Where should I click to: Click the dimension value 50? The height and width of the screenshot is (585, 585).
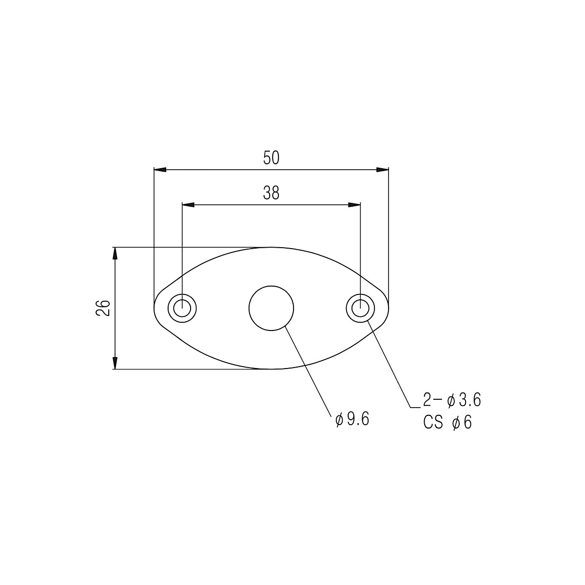click(x=271, y=158)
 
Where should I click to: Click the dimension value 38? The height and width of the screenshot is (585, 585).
click(x=271, y=194)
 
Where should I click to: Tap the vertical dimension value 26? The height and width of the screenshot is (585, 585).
click(x=103, y=308)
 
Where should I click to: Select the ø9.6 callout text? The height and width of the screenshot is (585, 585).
click(x=352, y=419)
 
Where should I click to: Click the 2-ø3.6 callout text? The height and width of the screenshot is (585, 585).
click(x=452, y=401)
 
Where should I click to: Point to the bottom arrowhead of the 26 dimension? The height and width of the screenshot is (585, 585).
click(x=115, y=363)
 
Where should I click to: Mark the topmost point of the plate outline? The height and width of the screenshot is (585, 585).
click(x=272, y=247)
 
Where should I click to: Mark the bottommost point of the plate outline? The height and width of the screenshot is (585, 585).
click(x=272, y=369)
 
